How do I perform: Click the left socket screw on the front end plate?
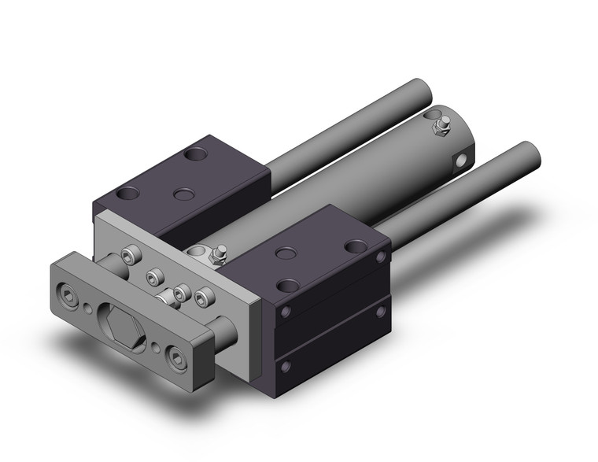73,299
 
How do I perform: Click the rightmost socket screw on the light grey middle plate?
204,300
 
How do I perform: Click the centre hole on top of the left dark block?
183,194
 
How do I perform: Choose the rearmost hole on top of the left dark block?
192,155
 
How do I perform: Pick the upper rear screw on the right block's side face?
381,257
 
